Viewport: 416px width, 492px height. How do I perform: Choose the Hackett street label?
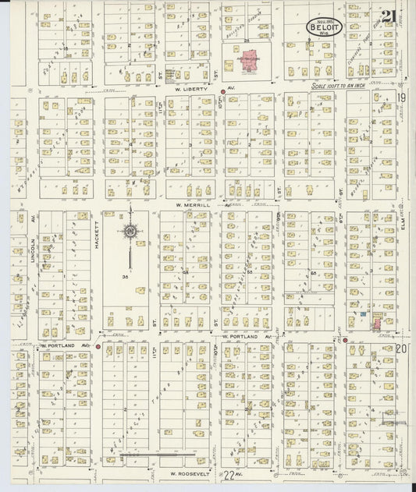click(98, 235)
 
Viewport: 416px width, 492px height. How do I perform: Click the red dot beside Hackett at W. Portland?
click(98, 345)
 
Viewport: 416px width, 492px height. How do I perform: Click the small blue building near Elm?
click(363, 314)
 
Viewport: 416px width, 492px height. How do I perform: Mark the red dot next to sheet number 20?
click(344, 340)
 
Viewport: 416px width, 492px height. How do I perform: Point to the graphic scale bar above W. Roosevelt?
click(153, 454)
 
